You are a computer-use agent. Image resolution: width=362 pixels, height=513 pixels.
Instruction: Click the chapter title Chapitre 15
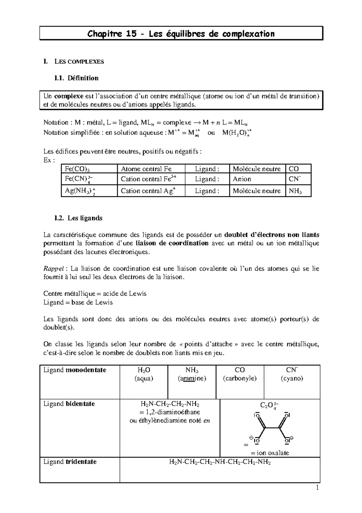(x=181, y=34)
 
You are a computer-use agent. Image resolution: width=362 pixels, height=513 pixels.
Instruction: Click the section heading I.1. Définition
(x=76, y=78)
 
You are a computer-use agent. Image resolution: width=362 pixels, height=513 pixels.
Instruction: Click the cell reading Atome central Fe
(x=146, y=169)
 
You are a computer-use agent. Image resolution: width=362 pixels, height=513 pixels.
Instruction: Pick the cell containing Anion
(x=242, y=179)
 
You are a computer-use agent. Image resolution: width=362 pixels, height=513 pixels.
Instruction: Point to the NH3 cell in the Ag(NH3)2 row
(x=295, y=191)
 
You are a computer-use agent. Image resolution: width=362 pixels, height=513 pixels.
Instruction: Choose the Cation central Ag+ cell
(x=148, y=191)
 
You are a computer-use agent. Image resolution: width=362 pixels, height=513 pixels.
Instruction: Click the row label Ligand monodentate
(x=75, y=370)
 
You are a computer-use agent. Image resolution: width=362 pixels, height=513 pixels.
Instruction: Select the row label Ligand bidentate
(x=69, y=404)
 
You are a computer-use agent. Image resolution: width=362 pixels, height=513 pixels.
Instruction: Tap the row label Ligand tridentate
(x=70, y=462)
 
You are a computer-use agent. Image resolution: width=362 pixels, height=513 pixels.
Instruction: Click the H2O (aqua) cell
(x=144, y=374)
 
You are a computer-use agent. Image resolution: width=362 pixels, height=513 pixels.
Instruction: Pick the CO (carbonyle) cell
(x=240, y=374)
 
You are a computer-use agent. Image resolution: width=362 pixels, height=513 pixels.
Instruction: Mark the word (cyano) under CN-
(x=292, y=378)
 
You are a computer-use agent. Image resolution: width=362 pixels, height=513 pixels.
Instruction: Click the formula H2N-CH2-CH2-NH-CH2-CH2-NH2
(x=220, y=462)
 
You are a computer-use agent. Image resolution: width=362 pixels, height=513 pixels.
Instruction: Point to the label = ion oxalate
(x=270, y=453)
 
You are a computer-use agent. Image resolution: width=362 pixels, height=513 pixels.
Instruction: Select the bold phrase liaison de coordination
(x=172, y=244)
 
